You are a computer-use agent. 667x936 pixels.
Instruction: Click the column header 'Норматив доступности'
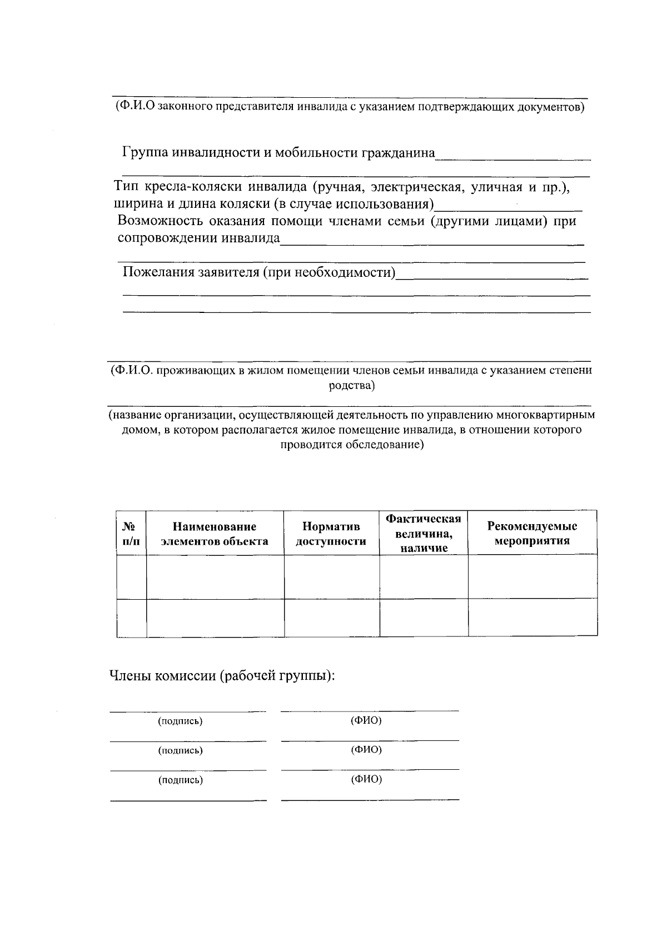(331, 534)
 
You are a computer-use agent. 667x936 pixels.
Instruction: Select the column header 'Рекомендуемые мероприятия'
(532, 534)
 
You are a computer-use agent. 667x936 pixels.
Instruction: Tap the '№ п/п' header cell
(131, 534)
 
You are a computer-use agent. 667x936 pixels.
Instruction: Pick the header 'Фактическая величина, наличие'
(424, 534)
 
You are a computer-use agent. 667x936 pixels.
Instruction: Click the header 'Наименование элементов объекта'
(215, 534)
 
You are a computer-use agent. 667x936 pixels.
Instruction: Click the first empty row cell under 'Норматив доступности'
(331, 577)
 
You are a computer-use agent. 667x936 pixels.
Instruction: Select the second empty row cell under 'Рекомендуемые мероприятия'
(532, 618)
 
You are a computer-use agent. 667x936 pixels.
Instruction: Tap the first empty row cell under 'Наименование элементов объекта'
(215, 577)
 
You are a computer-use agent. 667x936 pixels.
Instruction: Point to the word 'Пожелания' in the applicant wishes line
(151, 272)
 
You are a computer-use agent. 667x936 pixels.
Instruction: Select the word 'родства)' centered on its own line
(352, 386)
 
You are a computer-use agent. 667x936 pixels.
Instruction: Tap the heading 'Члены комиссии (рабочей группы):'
(222, 676)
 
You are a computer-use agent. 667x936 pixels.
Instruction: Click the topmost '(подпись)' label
(181, 721)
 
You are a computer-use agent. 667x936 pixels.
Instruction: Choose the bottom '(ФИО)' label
(366, 779)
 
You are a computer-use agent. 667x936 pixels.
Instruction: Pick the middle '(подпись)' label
(181, 750)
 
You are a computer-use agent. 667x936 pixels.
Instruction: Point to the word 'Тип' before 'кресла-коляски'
(126, 187)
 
